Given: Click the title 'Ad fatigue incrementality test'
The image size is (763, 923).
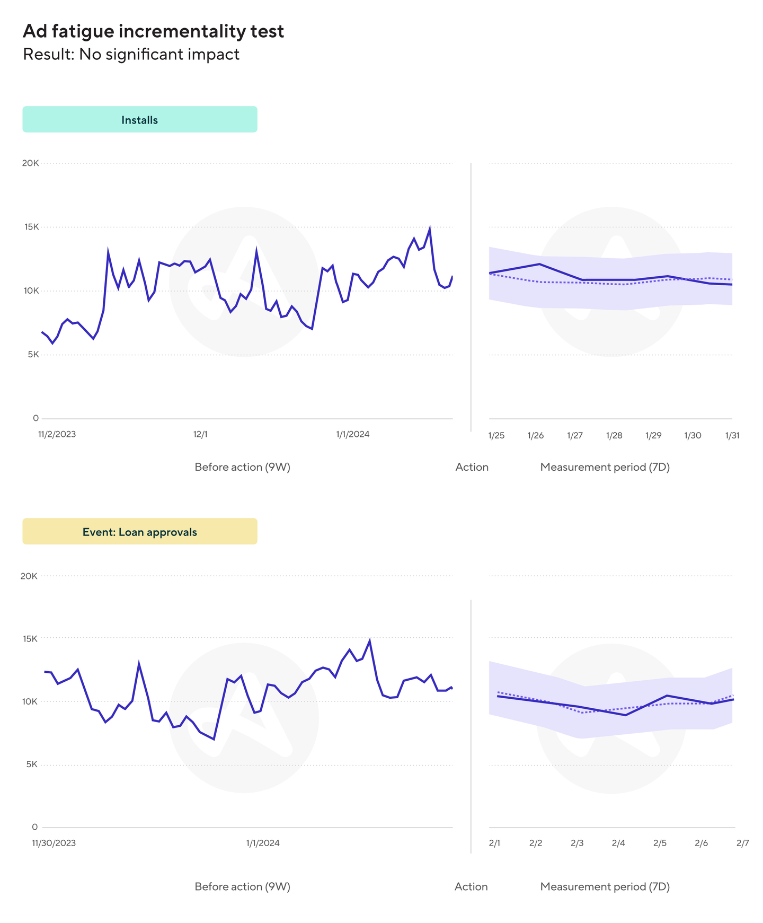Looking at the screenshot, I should point(153,31).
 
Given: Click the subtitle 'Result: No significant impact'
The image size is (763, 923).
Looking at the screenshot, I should point(131,54).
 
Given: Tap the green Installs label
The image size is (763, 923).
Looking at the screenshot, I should point(139,120).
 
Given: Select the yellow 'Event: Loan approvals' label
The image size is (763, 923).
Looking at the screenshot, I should point(139,532).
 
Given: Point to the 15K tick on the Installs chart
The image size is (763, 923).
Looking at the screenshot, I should point(31,227).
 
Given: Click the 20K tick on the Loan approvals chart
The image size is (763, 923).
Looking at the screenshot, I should point(29,576).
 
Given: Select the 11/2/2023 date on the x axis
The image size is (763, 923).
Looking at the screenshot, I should point(57,434).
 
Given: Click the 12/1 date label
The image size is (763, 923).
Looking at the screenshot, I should point(200,434).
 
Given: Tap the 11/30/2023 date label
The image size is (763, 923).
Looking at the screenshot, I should point(54,843).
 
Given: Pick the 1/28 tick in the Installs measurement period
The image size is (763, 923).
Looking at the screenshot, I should point(614,436).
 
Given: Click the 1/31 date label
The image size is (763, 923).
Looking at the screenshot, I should point(732,436).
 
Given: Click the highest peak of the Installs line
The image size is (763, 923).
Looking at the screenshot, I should point(429,228).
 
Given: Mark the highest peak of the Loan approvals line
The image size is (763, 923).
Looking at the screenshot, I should point(369,640).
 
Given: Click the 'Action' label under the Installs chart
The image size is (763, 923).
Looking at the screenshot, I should point(472,467).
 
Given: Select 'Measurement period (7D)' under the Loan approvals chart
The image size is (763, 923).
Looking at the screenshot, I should point(605,886).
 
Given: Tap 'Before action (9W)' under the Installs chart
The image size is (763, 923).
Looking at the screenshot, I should point(242,467).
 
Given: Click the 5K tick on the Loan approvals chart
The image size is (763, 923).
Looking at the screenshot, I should point(31,764).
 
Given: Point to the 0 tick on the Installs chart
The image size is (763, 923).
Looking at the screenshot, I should point(36,418).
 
